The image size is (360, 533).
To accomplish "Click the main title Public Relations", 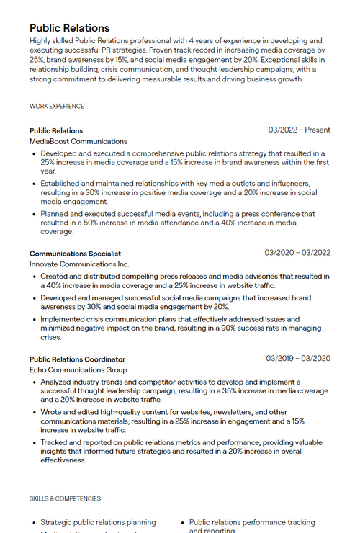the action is point(69,28).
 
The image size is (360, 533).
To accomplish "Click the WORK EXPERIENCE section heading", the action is point(57,107).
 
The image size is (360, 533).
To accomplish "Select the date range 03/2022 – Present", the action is point(299,130).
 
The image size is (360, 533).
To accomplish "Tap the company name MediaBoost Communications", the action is point(78,142).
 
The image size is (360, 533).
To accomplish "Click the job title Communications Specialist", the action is point(75,254).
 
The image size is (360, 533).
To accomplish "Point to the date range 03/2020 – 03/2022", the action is point(297,253).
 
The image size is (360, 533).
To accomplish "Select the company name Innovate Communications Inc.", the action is point(79,264).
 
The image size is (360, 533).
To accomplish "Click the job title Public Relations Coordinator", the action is point(77,359).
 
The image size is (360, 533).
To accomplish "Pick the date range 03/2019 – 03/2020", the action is point(298,359).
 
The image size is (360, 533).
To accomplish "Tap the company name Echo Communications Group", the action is point(78,370).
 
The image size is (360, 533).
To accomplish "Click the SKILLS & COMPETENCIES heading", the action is point(65,498).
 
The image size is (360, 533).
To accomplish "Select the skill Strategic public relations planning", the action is point(98,523).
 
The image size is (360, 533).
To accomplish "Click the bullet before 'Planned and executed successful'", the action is point(34,215).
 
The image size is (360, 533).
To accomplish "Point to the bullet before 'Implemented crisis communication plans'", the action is point(34,320).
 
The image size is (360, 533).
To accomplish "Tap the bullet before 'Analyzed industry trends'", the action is point(34,382).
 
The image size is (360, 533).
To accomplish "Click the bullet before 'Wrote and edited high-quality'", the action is point(34,413).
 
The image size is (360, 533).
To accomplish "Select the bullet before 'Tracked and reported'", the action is point(34,443).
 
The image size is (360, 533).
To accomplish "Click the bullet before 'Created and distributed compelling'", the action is point(34,277).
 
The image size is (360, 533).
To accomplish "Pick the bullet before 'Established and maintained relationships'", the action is point(34,184).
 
